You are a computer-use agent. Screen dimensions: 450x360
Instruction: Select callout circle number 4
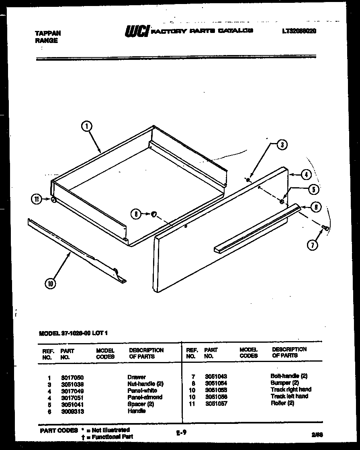pyautogui.click(x=306, y=175)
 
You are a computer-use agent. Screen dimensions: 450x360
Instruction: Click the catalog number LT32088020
pyautogui.click(x=299, y=31)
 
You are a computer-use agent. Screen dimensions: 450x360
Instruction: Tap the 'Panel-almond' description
pyautogui.click(x=145, y=397)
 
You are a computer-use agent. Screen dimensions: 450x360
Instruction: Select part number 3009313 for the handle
pyautogui.click(x=72, y=411)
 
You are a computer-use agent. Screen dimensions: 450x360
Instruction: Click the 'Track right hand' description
pyautogui.click(x=291, y=389)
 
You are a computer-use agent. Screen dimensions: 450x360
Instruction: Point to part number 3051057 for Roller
pyautogui.click(x=216, y=403)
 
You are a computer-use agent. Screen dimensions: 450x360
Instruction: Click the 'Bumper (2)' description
pyautogui.click(x=284, y=383)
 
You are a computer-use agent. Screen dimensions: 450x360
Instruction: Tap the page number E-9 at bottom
pyautogui.click(x=181, y=433)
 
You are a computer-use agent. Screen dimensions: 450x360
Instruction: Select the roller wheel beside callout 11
pyautogui.click(x=53, y=199)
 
